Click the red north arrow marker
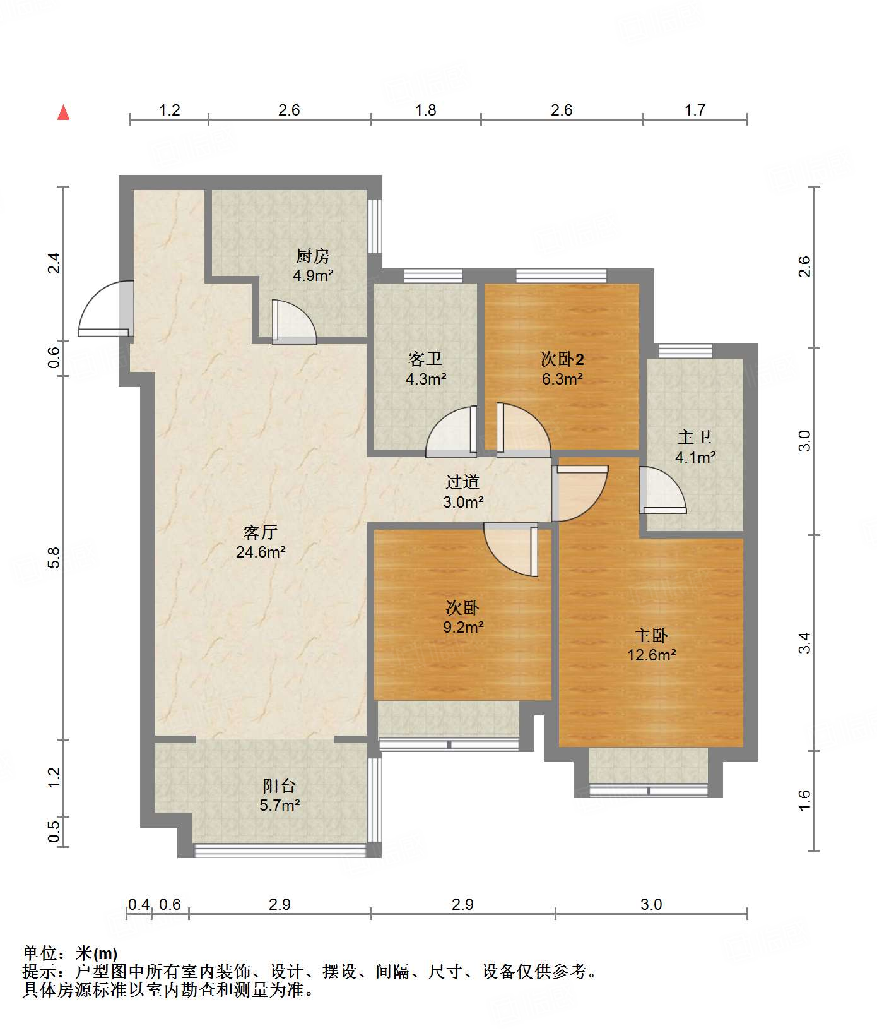click(x=63, y=112)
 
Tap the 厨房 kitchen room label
click(x=313, y=256)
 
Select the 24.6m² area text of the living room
click(x=261, y=552)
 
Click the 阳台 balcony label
click(x=280, y=785)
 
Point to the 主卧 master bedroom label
click(x=651, y=635)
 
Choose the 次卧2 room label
click(x=562, y=359)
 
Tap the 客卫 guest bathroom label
click(x=425, y=359)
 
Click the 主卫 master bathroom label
click(x=695, y=437)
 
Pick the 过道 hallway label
click(x=462, y=482)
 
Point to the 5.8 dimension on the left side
click(x=54, y=557)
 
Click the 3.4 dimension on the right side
click(x=804, y=643)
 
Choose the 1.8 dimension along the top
click(x=426, y=110)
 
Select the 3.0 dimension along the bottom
click(x=651, y=904)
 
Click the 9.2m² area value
click(x=463, y=627)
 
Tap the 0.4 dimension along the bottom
click(x=139, y=904)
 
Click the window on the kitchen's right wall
click(x=374, y=226)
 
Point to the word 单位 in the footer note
click(x=39, y=953)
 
